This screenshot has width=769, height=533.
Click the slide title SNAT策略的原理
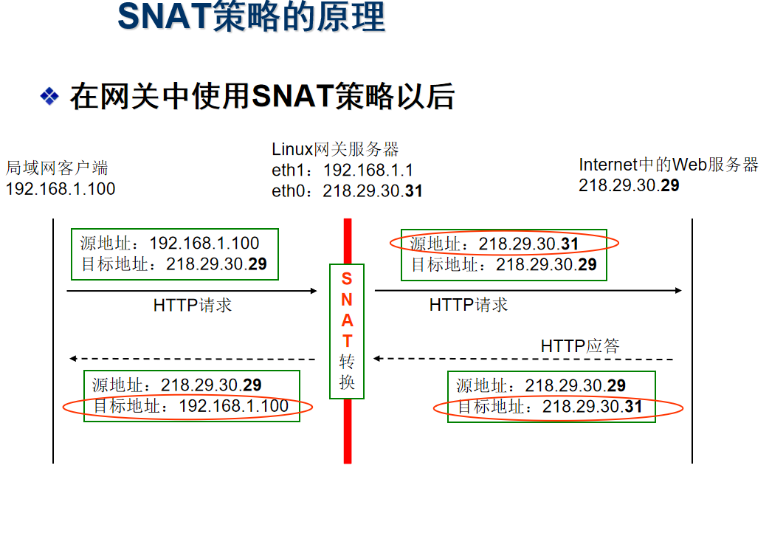coord(251,17)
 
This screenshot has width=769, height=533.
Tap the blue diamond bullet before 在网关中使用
coord(49,96)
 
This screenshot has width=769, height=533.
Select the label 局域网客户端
coord(57,168)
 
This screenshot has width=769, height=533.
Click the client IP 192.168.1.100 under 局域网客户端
coord(61,189)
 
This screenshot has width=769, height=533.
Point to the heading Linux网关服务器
coord(336,149)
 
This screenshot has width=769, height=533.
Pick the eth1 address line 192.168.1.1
coord(342,171)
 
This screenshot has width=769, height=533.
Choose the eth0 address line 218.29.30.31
coord(347,191)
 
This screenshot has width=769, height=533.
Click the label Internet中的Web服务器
coord(669,165)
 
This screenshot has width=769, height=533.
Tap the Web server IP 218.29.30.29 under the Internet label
coord(629,185)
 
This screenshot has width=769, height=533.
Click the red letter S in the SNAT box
coord(347,279)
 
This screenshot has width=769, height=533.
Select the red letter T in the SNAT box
coord(347,340)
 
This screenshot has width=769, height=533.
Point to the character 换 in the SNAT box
coord(347,382)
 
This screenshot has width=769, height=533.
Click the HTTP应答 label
coord(580,346)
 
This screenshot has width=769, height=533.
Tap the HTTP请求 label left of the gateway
coord(192,306)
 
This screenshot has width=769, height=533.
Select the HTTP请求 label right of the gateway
coord(469,305)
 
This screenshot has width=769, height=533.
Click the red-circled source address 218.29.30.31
coord(528,244)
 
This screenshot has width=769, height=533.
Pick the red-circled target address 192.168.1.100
coord(233,406)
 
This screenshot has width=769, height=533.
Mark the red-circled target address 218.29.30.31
coord(593,407)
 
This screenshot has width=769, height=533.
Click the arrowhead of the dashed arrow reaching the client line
coord(72,359)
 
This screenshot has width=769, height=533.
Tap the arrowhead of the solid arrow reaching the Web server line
coord(679,291)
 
